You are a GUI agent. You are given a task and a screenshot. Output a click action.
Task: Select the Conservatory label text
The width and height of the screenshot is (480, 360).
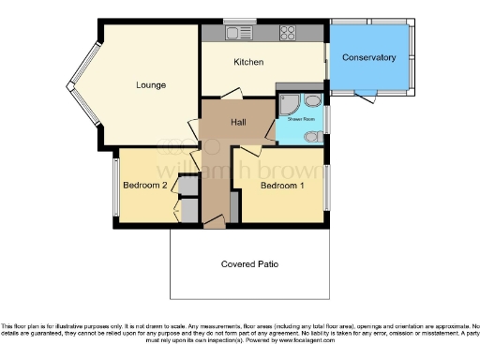(368, 57)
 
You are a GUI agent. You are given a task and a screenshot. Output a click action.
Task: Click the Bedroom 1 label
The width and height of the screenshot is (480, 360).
(282, 186)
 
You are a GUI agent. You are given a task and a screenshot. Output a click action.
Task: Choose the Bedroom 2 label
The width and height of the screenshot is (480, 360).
(144, 186)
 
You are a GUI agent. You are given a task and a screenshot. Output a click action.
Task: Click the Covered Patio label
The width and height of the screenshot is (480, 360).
(248, 263)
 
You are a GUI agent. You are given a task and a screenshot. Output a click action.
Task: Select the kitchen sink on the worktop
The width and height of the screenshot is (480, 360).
(232, 33)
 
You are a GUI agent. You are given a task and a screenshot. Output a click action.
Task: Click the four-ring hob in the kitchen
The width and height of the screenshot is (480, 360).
(288, 34)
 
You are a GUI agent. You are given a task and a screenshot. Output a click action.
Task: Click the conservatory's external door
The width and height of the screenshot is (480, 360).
(365, 94)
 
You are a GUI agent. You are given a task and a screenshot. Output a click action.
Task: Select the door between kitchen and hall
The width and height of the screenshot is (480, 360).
(232, 94)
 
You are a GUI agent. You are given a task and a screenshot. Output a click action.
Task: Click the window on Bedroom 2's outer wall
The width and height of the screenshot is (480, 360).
(115, 185)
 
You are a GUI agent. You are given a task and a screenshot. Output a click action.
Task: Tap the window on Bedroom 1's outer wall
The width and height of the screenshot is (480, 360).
(327, 185)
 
